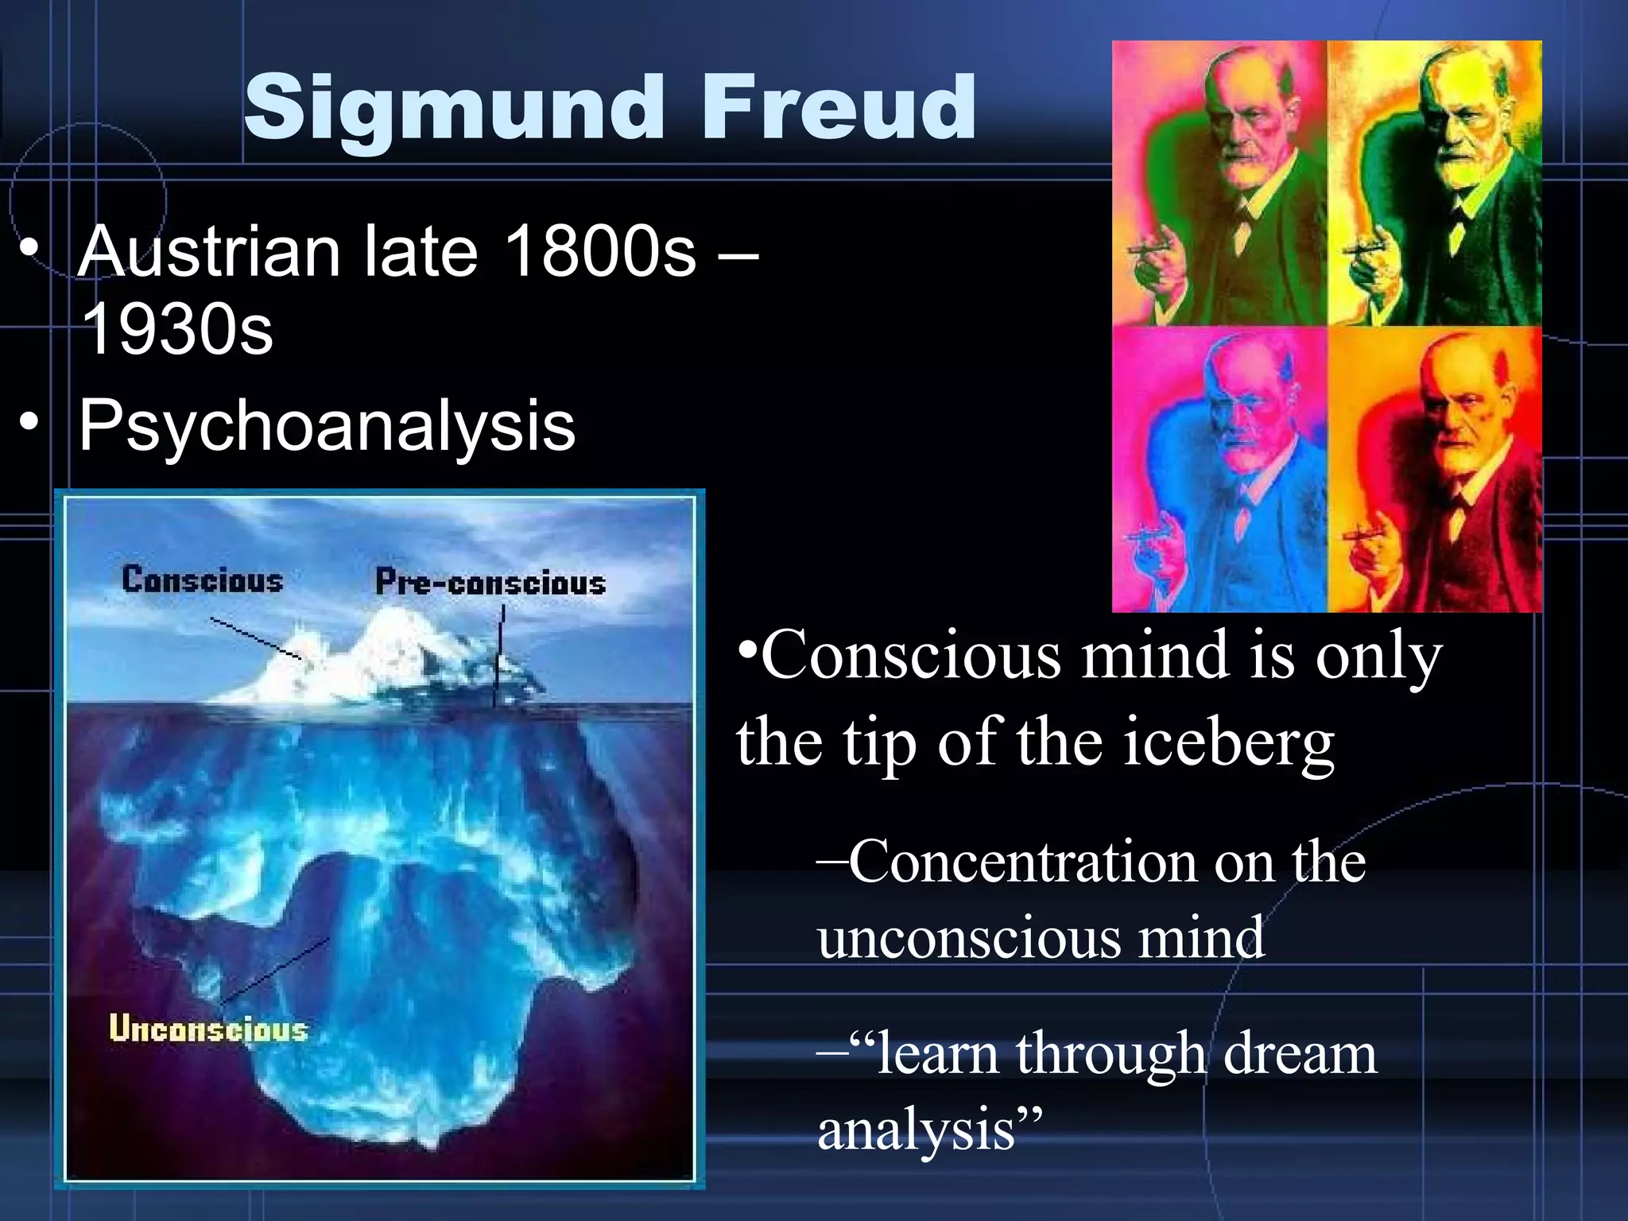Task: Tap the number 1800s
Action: coord(600,252)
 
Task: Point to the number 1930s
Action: coord(176,329)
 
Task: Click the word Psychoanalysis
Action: coord(327,425)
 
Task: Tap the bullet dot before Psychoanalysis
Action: coord(29,422)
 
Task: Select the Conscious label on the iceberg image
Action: coord(202,580)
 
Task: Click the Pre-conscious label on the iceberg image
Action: coord(490,583)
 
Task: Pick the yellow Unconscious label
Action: coord(208,1029)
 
